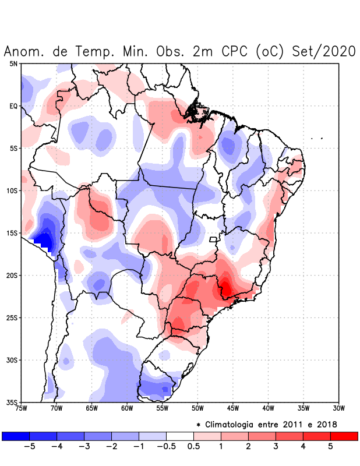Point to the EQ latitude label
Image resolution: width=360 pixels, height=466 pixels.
pos(13,106)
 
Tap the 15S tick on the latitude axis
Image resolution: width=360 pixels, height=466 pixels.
pos(12,233)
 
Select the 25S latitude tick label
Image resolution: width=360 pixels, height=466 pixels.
pos(12,318)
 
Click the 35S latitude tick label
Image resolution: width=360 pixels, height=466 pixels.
pos(12,403)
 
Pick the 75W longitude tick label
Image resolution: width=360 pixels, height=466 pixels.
pos(21,408)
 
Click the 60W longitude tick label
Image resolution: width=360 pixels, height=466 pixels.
pos(127,408)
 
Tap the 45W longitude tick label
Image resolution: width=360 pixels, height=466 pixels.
pos(233,408)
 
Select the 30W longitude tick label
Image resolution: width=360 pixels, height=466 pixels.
pos(339,408)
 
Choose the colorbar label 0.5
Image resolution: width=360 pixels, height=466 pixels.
pos(195,447)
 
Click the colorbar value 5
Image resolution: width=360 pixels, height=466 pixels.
pos(331,447)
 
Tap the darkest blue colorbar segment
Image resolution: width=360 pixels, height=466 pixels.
pos(15,436)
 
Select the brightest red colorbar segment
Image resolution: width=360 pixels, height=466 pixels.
pos(344,436)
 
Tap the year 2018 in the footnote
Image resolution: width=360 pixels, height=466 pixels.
pos(325,424)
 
